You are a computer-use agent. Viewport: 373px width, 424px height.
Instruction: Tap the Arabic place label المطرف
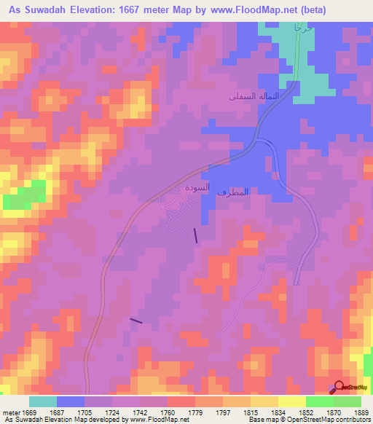tap(234, 192)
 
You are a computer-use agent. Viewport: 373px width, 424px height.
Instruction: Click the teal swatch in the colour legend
tap(43, 401)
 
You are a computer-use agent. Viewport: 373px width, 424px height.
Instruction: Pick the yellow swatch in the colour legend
tap(292, 401)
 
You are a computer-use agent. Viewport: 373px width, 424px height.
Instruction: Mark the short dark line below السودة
tap(195, 234)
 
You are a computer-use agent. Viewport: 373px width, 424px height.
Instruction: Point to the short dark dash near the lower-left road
tap(136, 320)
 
